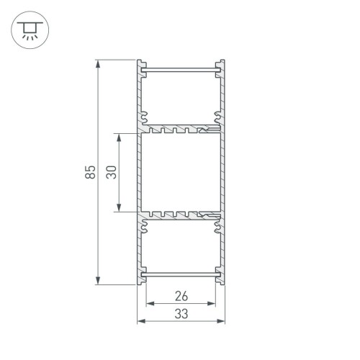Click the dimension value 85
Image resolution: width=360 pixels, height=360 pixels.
[x=89, y=172]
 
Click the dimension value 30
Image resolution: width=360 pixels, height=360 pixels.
[x=111, y=172]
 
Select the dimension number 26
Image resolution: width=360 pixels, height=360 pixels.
[x=181, y=295]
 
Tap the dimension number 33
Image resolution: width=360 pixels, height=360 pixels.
[x=181, y=313]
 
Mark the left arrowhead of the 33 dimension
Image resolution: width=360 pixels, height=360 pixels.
[x=140, y=320]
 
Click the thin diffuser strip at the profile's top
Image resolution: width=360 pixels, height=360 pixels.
[x=181, y=70]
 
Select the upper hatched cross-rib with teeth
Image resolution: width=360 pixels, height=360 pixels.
[x=181, y=130]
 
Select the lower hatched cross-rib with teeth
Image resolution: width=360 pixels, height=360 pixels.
[x=181, y=215]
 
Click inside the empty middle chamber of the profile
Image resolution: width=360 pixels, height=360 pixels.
[x=181, y=173]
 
